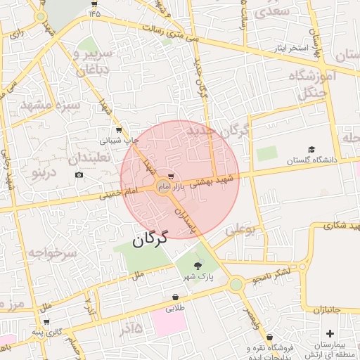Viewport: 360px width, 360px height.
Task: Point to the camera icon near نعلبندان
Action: pyautogui.click(x=79, y=174)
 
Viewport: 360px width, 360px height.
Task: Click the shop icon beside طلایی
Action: pyautogui.click(x=174, y=298)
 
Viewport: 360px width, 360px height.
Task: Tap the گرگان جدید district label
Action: pyautogui.click(x=219, y=131)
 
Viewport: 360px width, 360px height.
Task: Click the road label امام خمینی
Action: pyautogui.click(x=120, y=191)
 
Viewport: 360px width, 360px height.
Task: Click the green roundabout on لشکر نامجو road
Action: pyautogui.click(x=236, y=284)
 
